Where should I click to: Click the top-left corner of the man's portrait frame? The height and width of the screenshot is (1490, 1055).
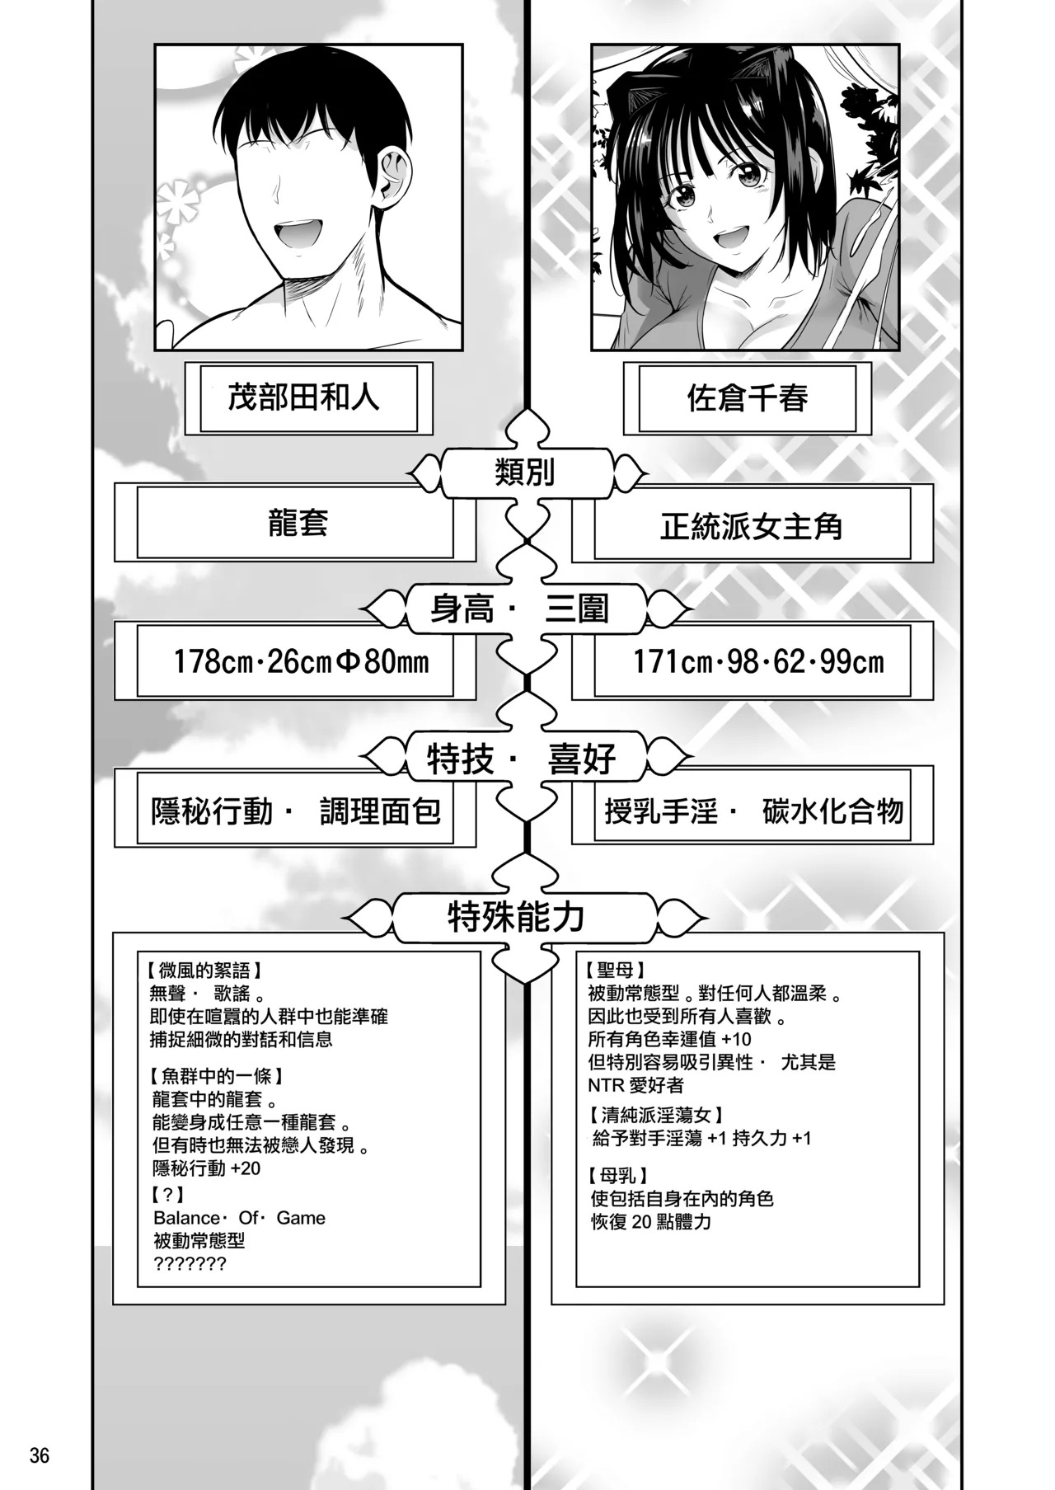click(x=155, y=45)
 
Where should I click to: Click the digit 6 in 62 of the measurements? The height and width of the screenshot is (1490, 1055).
click(x=774, y=661)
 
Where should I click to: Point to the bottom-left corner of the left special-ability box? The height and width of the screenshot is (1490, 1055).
click(x=113, y=1304)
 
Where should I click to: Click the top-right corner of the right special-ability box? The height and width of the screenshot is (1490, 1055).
click(x=945, y=933)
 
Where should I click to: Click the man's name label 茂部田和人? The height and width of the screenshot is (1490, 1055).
click(x=303, y=398)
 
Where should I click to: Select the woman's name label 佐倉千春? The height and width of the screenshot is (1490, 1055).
click(x=748, y=398)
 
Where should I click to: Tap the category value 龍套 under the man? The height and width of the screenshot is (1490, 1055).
click(x=298, y=523)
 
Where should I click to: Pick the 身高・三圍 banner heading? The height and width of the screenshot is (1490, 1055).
click(x=520, y=609)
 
